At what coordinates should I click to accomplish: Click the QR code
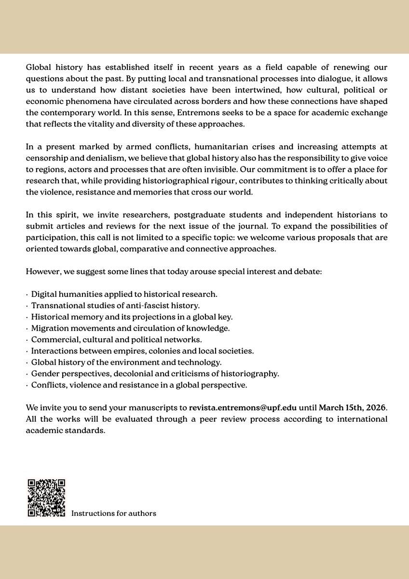click(46, 498)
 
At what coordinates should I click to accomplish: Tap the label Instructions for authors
click(114, 513)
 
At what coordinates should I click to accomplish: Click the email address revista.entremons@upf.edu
click(243, 408)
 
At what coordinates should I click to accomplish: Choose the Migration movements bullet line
click(130, 328)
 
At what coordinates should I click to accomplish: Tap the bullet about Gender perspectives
click(155, 373)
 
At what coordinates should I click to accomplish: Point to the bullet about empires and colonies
click(142, 351)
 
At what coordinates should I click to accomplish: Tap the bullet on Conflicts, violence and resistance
click(139, 385)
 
